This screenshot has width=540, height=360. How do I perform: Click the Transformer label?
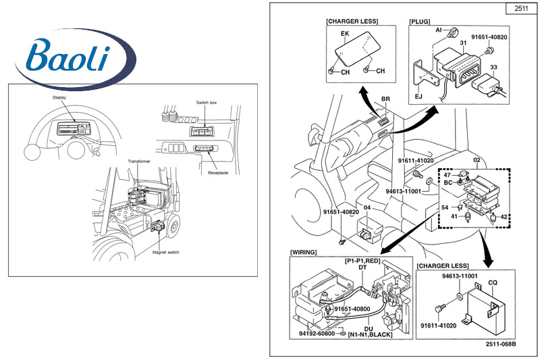pyautogui.click(x=140, y=162)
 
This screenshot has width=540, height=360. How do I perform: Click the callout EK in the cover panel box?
pyautogui.click(x=344, y=32)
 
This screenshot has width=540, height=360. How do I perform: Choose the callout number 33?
pyautogui.click(x=493, y=67)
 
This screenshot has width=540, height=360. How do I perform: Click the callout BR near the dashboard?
pyautogui.click(x=385, y=99)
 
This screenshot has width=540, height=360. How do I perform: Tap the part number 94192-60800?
pyautogui.click(x=316, y=334)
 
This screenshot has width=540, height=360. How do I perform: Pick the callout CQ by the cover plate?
pyautogui.click(x=492, y=284)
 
